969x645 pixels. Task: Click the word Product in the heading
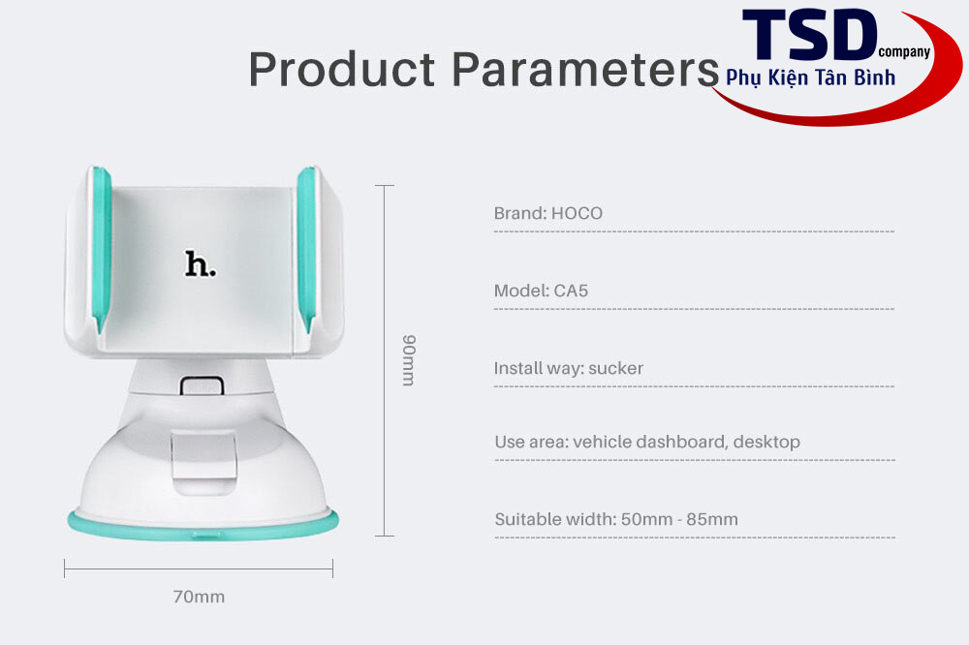click(x=342, y=69)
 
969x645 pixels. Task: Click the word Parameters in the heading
click(x=586, y=69)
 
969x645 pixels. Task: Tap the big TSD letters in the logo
click(x=809, y=35)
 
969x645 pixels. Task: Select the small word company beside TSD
click(x=904, y=52)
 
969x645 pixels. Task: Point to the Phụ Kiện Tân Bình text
click(x=811, y=77)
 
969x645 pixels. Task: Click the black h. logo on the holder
click(x=201, y=263)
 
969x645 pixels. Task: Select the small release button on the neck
click(x=202, y=385)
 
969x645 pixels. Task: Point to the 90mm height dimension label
click(x=409, y=361)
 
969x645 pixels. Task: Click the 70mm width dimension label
click(x=199, y=597)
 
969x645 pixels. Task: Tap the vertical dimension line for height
click(x=385, y=360)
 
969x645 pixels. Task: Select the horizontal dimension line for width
click(x=199, y=568)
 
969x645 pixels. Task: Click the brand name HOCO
click(x=577, y=213)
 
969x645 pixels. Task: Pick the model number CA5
click(x=571, y=291)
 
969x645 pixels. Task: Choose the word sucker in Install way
click(x=615, y=368)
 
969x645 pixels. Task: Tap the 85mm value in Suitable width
click(x=712, y=519)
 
